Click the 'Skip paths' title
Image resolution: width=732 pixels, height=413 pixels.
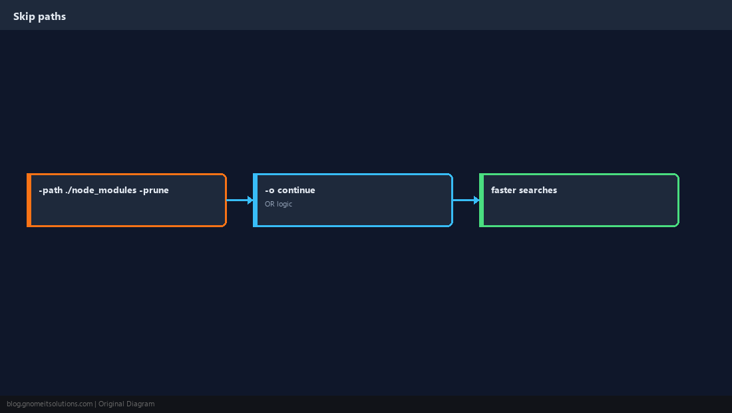click(x=40, y=17)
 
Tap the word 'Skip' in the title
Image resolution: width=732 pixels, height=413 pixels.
click(x=24, y=17)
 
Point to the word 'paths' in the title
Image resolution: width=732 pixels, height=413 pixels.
click(x=53, y=17)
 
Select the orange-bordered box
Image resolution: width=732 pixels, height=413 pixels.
click(x=126, y=200)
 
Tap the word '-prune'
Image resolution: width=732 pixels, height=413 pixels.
click(x=154, y=190)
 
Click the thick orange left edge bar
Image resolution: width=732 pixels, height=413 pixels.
click(x=29, y=200)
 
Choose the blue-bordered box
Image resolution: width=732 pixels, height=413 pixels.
click(x=353, y=200)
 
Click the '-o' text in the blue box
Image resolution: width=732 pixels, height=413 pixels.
click(x=270, y=191)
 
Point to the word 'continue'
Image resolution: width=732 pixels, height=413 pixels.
click(x=296, y=190)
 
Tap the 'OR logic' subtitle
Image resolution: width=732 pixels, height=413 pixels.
click(x=279, y=204)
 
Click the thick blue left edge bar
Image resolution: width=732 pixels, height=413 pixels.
click(x=256, y=200)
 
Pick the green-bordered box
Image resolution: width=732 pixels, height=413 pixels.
click(x=580, y=200)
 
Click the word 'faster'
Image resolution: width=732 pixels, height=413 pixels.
click(x=504, y=190)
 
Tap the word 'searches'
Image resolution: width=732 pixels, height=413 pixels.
click(x=538, y=190)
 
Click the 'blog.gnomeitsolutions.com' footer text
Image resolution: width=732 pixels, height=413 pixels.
click(x=49, y=404)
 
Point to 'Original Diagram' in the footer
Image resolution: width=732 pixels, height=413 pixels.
click(x=126, y=404)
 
